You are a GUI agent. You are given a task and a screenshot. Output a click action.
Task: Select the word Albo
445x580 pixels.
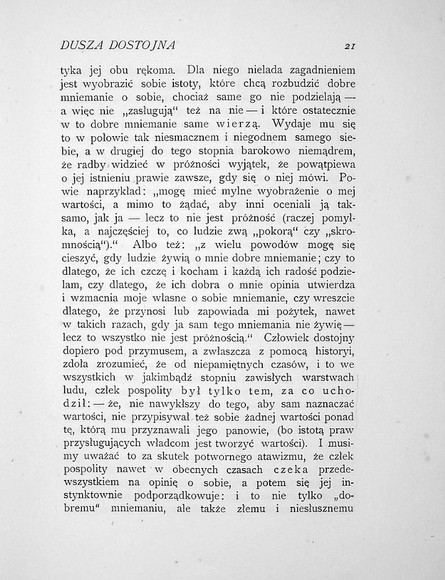coord(157,244)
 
